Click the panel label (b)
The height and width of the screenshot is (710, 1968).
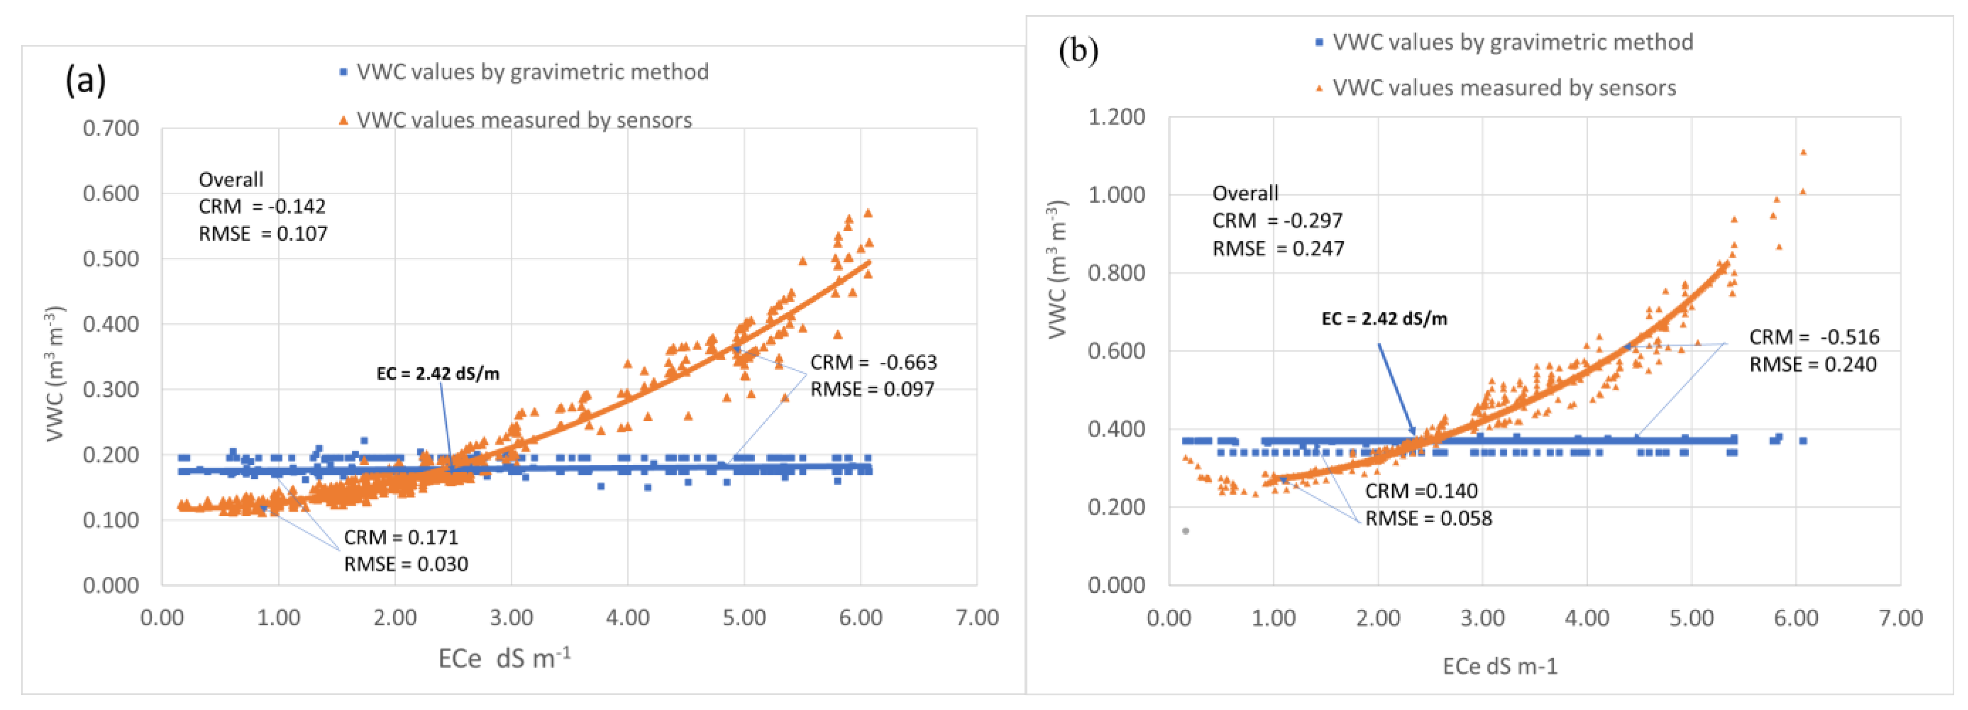pos(1078,51)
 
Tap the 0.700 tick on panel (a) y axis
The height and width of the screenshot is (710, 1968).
pos(111,128)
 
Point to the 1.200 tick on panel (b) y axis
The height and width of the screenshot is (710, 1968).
pos(1116,117)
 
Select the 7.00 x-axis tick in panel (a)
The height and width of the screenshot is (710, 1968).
pos(976,617)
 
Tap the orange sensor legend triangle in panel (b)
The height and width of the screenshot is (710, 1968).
pos(1318,89)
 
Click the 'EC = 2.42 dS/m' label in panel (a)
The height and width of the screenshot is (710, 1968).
pos(438,374)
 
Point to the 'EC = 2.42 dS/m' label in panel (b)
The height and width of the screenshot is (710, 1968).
pos(1384,319)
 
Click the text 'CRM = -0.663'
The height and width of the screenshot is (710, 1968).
pos(873,362)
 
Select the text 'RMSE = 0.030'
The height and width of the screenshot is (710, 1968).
pos(406,564)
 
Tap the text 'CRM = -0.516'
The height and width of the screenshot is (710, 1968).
pos(1814,337)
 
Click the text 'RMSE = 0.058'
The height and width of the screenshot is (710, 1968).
pos(1428,518)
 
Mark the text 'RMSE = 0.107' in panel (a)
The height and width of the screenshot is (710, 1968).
pos(263,234)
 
